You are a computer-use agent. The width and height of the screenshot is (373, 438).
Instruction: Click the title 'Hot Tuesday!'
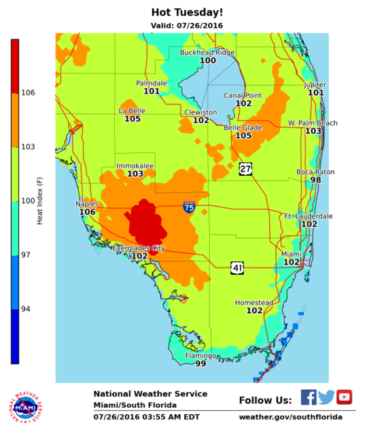tap(186, 12)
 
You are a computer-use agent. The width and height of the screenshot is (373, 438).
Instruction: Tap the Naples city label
tap(87, 204)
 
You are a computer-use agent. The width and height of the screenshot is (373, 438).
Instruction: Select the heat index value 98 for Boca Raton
tap(316, 180)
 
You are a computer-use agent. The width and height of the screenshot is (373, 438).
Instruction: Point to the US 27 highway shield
tap(245, 169)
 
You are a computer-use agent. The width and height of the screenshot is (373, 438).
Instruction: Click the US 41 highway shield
tap(237, 268)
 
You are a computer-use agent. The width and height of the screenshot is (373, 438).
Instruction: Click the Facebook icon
tap(309, 397)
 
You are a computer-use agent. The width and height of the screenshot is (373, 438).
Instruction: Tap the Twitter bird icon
tap(326, 397)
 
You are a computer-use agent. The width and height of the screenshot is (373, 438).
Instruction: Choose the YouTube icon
tap(344, 397)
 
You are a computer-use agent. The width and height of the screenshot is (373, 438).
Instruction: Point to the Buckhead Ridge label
tap(207, 52)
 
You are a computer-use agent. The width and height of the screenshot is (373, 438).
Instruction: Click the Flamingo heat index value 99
tap(200, 364)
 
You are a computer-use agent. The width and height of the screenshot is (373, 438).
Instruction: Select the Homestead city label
tap(254, 302)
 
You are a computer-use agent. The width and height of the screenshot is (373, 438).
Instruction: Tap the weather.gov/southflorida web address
tap(290, 417)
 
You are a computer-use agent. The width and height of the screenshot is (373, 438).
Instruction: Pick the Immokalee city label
tap(135, 166)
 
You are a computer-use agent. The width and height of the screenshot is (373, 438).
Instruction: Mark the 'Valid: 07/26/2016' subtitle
tap(186, 26)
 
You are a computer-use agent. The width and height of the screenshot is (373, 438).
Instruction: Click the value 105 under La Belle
tap(132, 119)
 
